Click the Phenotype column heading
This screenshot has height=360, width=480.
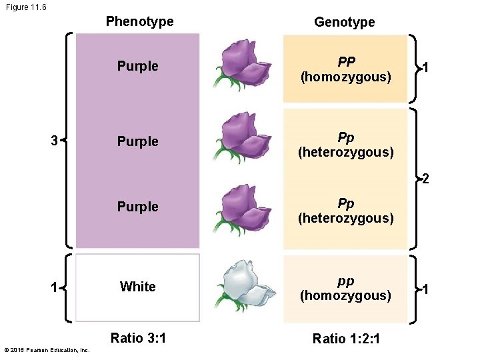click(139, 21)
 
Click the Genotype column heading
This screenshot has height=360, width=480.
click(344, 22)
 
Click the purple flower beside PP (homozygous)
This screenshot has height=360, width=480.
click(243, 64)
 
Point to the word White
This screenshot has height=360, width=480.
click(137, 287)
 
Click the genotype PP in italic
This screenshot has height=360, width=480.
click(346, 62)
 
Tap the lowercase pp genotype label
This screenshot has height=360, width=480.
click(345, 281)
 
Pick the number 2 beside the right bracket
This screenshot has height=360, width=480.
click(425, 179)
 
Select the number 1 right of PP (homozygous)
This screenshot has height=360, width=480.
click(426, 68)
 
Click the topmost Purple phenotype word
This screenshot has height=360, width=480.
click(137, 66)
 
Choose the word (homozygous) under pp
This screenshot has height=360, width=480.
click(345, 295)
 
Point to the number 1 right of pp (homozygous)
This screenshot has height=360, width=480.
click(426, 289)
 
